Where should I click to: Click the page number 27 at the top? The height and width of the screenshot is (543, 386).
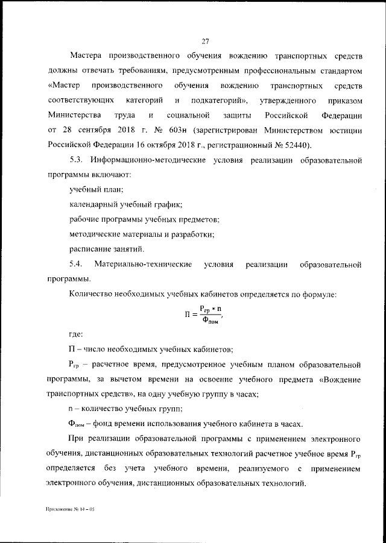click(205, 41)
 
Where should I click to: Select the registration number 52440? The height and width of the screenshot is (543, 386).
click(303, 145)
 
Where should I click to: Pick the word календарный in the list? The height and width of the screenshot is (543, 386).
click(92, 205)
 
